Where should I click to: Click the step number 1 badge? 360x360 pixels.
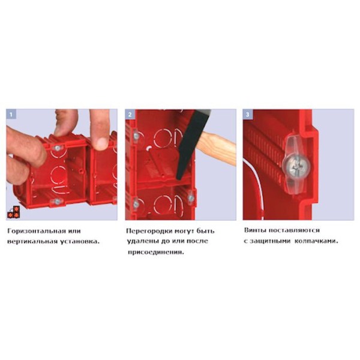coord(11,114)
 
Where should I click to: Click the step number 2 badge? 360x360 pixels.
coord(130,114)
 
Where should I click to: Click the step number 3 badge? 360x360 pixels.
coord(248,114)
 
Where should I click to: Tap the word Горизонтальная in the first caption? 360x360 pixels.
coord(36,231)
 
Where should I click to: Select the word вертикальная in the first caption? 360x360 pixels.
coord(32,242)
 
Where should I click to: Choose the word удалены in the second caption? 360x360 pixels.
coord(142,241)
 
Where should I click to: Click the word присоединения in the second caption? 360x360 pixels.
coord(156,253)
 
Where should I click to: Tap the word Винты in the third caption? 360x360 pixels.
coord(254,230)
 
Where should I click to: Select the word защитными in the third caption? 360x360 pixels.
coord(270,241)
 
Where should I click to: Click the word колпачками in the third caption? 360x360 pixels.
coord(316,241)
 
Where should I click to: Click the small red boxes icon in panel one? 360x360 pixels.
coord(14,212)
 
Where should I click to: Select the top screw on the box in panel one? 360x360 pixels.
coord(57,148)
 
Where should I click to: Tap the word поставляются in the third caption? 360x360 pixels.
coord(294,230)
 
